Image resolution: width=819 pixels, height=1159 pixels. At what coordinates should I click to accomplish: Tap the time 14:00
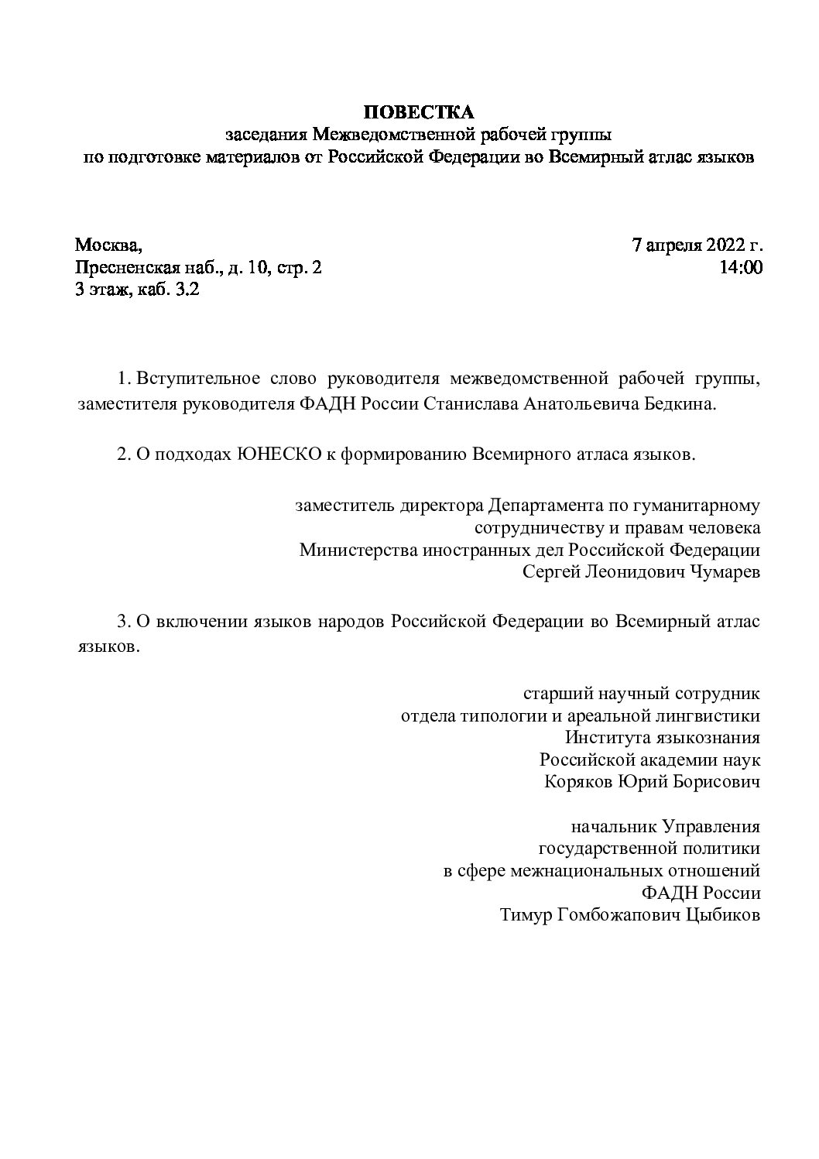(x=742, y=268)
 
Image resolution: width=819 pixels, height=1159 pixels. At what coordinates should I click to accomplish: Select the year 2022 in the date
(x=724, y=245)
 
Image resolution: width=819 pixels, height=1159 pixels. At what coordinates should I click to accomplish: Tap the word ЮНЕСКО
(x=276, y=454)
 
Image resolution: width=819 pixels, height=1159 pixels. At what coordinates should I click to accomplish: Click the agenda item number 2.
(x=122, y=454)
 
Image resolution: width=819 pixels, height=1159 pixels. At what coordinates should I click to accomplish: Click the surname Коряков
(x=578, y=781)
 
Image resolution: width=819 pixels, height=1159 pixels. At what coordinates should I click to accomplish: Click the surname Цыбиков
(x=723, y=915)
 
